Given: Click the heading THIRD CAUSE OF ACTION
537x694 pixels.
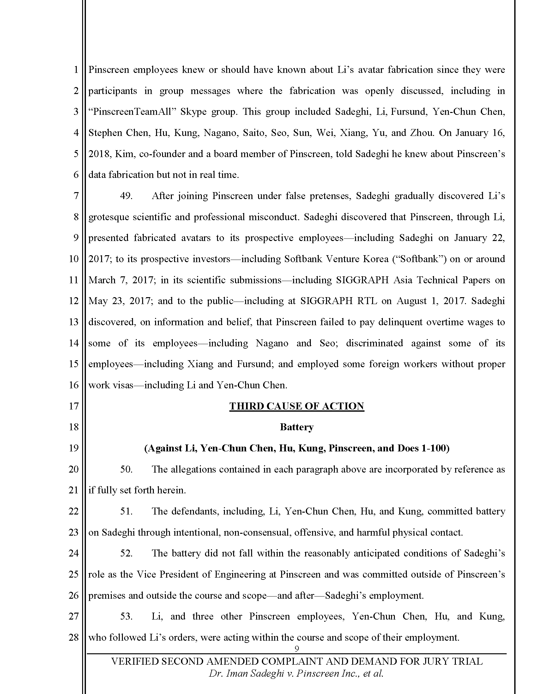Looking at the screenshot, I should click(x=297, y=406).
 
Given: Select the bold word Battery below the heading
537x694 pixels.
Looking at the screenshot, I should click(x=297, y=427).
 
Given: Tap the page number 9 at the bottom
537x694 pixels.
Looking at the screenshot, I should click(x=297, y=649).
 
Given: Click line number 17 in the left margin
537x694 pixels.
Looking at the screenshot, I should click(x=74, y=406).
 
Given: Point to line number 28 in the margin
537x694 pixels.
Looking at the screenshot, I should click(x=74, y=638).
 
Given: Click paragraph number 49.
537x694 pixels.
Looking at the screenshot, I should click(x=126, y=196).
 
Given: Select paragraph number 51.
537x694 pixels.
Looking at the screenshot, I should click(x=126, y=511).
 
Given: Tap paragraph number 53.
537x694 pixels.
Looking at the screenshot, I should click(x=126, y=616).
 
